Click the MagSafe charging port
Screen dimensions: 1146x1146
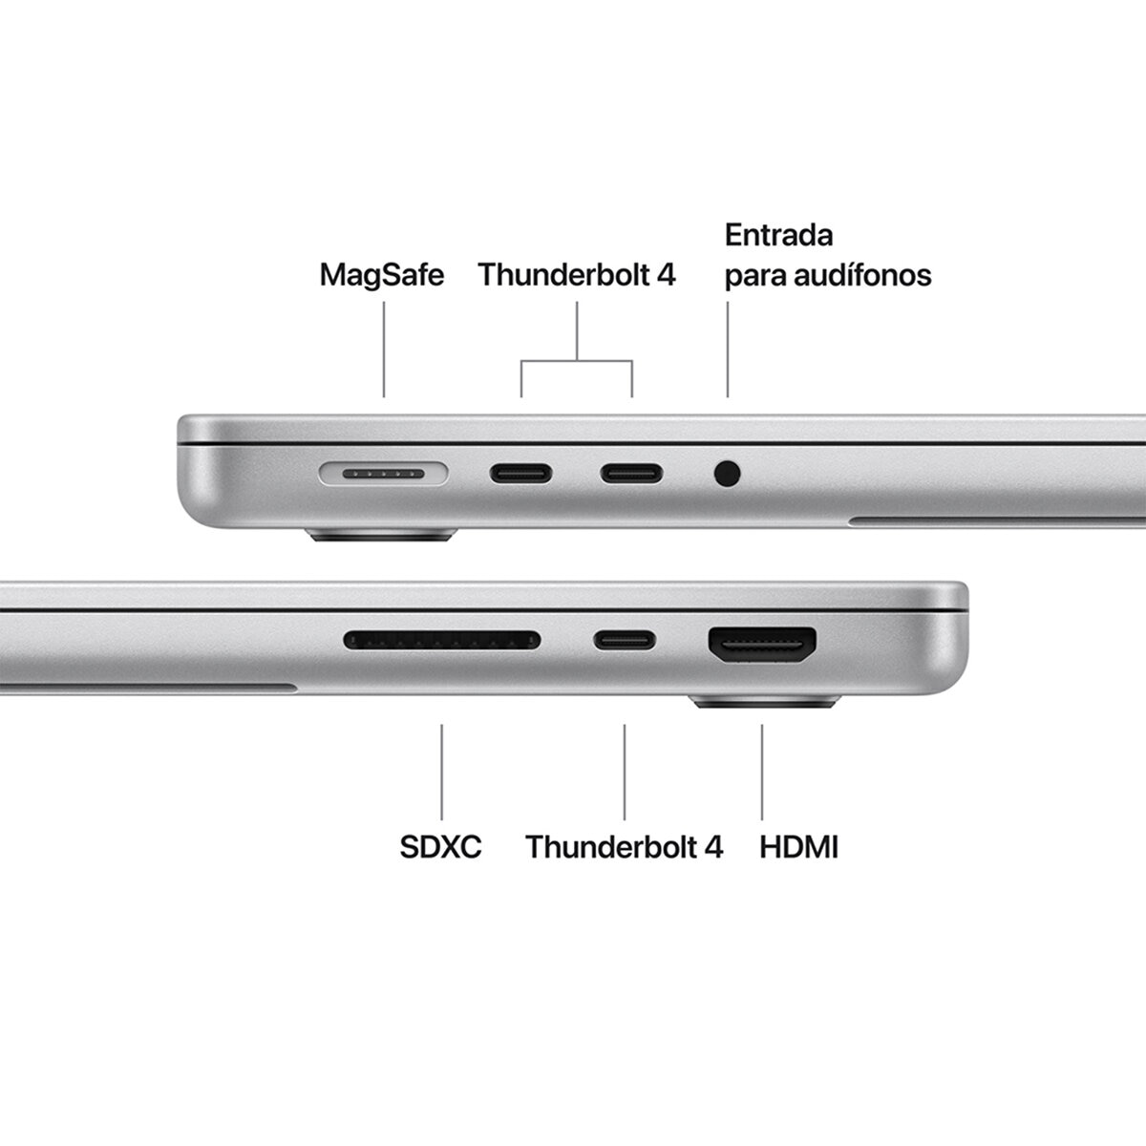tap(383, 472)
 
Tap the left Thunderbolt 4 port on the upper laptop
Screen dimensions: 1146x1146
tap(521, 472)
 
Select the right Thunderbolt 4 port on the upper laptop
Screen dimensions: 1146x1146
tap(631, 472)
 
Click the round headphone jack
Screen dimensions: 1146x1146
tap(728, 472)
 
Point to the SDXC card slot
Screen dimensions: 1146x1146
tap(441, 639)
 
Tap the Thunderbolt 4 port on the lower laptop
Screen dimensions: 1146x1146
tap(625, 639)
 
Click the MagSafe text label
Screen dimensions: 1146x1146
tap(382, 275)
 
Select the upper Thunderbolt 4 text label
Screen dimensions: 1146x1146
tap(577, 275)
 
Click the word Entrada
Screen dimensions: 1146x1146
tap(779, 235)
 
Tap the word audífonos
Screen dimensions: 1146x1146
tap(871, 275)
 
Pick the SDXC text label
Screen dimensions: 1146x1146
tap(441, 846)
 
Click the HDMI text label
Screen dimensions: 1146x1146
tap(798, 846)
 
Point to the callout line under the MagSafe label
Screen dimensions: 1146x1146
tap(384, 349)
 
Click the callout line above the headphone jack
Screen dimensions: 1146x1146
tap(728, 349)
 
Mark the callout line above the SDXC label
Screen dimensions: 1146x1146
tap(441, 772)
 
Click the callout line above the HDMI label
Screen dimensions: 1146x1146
tap(762, 772)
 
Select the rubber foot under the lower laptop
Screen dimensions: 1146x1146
tap(762, 705)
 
